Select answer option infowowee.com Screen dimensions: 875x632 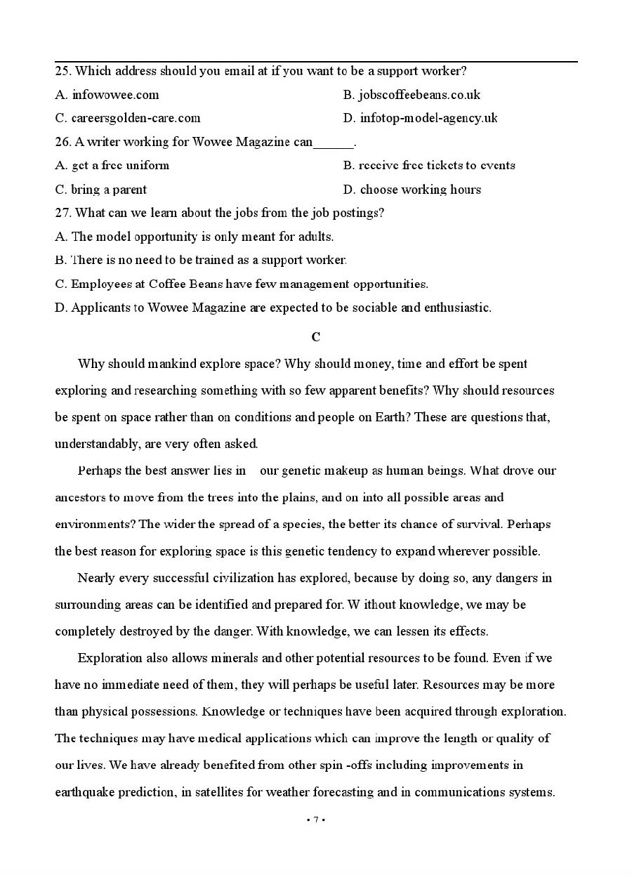[x=114, y=95]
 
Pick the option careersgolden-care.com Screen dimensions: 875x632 [x=135, y=118]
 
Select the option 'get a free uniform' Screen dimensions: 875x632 [x=119, y=166]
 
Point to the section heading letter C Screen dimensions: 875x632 [x=316, y=337]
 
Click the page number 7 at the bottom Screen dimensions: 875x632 [x=316, y=820]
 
